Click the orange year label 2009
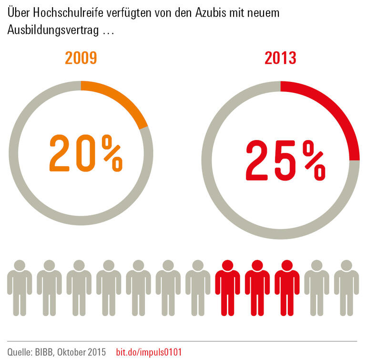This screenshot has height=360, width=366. click(x=81, y=58)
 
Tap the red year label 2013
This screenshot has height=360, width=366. click(x=280, y=58)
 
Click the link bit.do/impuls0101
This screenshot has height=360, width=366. click(x=149, y=352)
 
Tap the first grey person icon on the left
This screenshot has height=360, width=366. click(x=20, y=288)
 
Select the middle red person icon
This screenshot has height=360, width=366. click(x=257, y=288)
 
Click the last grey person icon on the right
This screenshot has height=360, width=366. click(x=346, y=288)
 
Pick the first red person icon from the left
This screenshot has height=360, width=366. click(x=227, y=288)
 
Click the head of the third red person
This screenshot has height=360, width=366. click(x=287, y=266)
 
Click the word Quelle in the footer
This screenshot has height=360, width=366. click(x=20, y=352)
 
